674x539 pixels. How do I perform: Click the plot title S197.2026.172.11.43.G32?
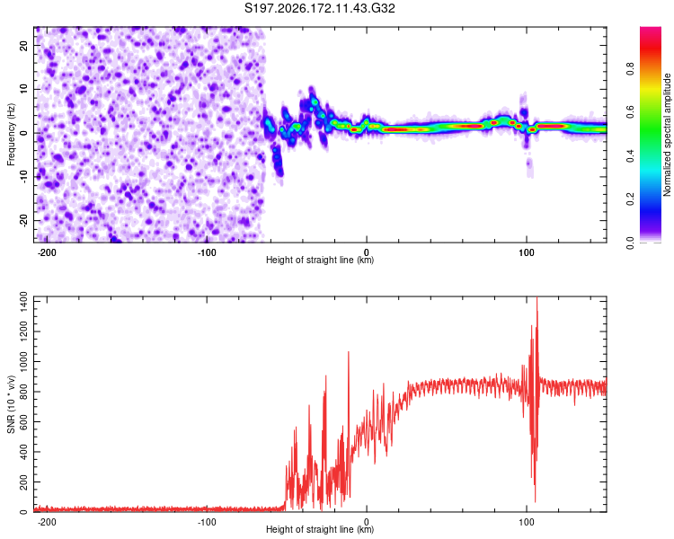click(319, 8)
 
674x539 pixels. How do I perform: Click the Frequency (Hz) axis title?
click(11, 135)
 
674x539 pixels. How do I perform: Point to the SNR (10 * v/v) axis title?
click(11, 404)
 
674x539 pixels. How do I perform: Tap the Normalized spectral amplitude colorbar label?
click(667, 135)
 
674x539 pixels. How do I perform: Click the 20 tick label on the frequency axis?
click(23, 45)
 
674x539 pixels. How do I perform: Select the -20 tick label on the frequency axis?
click(23, 220)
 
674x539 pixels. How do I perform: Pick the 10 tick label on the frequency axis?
click(23, 89)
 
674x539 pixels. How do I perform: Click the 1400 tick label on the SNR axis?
click(23, 302)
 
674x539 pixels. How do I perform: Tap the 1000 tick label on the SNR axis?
click(23, 362)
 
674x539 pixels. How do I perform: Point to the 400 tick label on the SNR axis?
click(23, 452)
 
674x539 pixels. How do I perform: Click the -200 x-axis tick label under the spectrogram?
click(47, 252)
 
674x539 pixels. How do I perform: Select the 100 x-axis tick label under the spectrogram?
click(526, 252)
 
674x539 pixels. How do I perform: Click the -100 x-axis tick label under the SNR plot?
click(207, 522)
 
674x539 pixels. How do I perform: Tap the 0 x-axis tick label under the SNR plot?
click(367, 522)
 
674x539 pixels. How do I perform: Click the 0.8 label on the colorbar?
click(630, 69)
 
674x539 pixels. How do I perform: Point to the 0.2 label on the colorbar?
click(630, 199)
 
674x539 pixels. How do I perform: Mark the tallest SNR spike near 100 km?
click(537, 298)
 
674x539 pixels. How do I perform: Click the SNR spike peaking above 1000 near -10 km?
click(348, 352)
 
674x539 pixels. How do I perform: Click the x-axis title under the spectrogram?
click(320, 260)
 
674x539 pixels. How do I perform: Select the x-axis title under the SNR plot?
click(320, 529)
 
